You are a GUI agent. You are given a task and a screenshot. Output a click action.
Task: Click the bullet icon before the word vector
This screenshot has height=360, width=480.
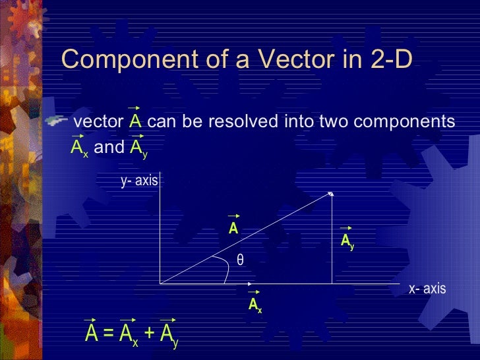(57, 121)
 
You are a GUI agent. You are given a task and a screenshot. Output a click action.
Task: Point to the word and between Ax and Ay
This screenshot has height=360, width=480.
(109, 147)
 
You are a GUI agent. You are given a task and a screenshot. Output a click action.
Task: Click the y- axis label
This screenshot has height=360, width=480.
(139, 180)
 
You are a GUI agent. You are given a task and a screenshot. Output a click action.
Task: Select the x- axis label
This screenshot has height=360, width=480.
(427, 289)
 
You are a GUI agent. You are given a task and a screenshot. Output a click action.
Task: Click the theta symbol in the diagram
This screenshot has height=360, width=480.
(241, 260)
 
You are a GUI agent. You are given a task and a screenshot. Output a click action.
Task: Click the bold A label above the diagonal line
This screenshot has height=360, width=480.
(233, 229)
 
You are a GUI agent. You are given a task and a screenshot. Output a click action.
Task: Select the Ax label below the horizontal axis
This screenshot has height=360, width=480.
(255, 305)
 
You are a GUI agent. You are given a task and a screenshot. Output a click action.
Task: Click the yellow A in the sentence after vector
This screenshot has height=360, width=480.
(135, 123)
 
